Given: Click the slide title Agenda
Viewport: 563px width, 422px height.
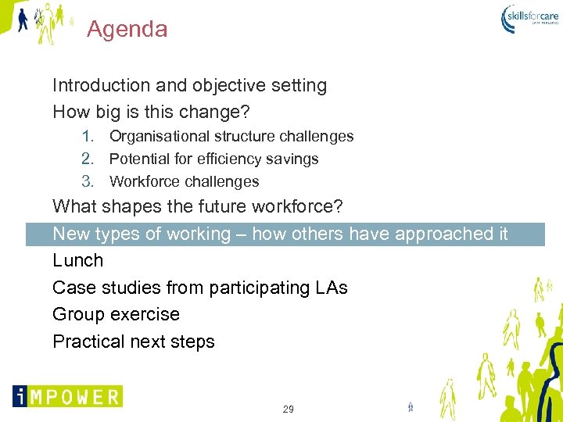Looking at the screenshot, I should point(127,30).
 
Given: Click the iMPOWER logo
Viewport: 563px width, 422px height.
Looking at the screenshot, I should point(67,395).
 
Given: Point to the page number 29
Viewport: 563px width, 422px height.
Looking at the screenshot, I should point(288,409).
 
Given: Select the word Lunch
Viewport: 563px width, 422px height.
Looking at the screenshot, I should point(77,260).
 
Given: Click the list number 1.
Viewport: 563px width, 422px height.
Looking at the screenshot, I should point(88,136).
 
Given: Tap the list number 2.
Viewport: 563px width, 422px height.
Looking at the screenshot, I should point(88,159).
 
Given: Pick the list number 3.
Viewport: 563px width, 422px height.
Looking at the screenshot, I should point(88,181).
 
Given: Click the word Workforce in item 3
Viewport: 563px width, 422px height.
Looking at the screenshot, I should point(143,181).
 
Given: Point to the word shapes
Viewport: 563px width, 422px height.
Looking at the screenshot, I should point(136,207).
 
